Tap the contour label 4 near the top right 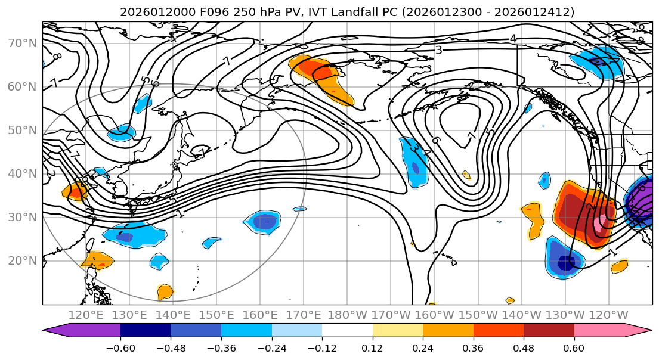(512, 39)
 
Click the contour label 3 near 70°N (438, 50)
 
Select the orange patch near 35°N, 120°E (76, 191)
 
